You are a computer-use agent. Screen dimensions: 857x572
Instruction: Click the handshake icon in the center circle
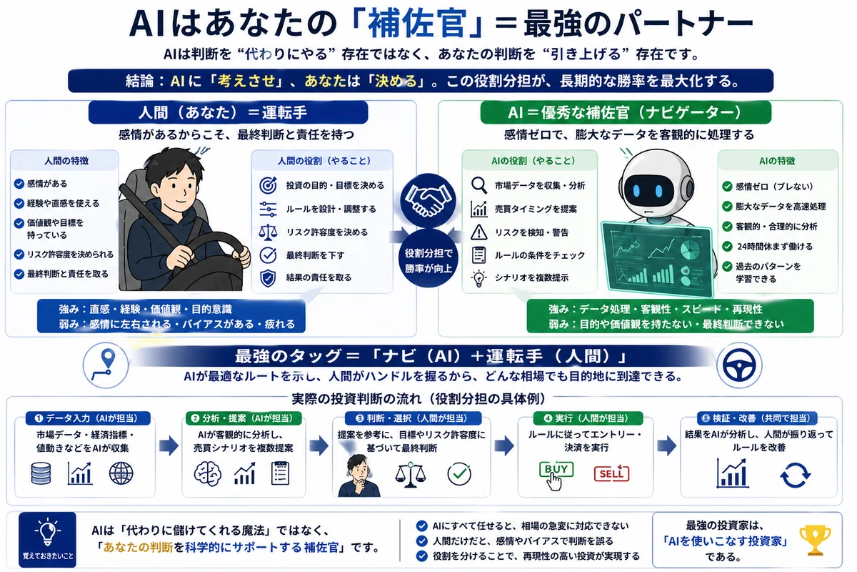click(x=428, y=200)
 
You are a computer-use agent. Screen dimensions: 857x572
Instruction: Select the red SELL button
click(x=611, y=474)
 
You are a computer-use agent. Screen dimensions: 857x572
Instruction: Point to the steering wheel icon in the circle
click(x=739, y=365)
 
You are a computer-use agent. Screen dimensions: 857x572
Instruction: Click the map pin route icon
click(x=106, y=365)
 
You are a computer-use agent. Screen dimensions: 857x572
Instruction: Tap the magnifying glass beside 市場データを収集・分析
click(x=479, y=185)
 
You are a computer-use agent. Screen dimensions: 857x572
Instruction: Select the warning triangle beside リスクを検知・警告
click(x=478, y=232)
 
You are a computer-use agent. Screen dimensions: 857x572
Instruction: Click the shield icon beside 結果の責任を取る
click(x=268, y=278)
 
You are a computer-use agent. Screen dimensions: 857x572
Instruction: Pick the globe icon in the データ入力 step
click(x=121, y=473)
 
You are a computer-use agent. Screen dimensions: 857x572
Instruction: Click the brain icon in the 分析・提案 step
click(x=207, y=473)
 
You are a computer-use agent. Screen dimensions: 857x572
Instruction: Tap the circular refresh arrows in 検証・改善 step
click(x=795, y=475)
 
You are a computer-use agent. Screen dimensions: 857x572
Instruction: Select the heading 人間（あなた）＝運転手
click(x=228, y=112)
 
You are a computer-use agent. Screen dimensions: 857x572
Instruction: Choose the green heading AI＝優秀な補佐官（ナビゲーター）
click(x=625, y=112)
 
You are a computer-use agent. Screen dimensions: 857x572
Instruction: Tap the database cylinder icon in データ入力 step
click(x=41, y=473)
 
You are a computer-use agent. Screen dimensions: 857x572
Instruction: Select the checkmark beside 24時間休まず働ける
click(x=727, y=247)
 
